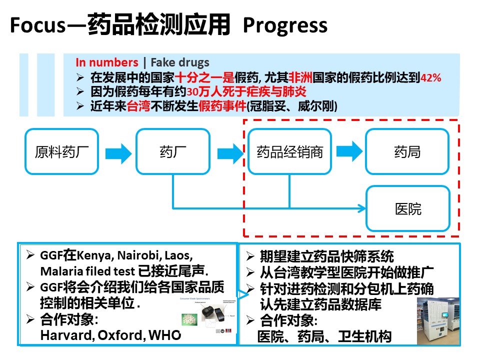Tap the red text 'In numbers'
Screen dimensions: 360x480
[x=106, y=62]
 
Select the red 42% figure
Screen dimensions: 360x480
[x=431, y=78]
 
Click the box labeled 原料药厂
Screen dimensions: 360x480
[x=61, y=151]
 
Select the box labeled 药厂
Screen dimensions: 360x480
[x=172, y=151]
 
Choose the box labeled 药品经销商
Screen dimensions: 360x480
[x=289, y=151]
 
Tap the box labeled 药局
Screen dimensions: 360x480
[x=407, y=151]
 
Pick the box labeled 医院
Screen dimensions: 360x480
[x=407, y=208]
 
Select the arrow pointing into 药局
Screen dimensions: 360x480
[x=348, y=151]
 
